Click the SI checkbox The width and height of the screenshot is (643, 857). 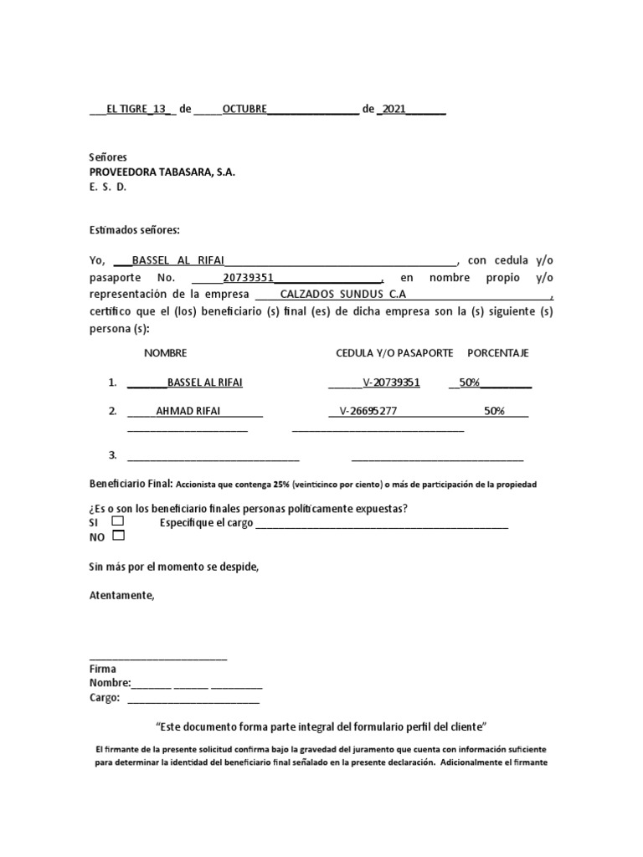[x=117, y=521]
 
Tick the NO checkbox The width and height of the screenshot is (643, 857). [x=118, y=536]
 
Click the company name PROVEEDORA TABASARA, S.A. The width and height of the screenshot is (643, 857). [x=162, y=172]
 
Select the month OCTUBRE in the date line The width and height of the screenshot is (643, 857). [x=244, y=110]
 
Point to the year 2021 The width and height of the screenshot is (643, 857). [x=394, y=110]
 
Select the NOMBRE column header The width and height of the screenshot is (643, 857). [x=165, y=353]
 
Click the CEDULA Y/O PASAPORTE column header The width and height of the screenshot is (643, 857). [x=394, y=353]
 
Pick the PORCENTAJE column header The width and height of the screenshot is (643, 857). [x=497, y=353]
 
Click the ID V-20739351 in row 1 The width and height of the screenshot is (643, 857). [x=391, y=382]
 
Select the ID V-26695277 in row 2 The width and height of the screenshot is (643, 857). [x=368, y=411]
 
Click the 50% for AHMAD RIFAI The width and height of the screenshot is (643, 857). [x=494, y=411]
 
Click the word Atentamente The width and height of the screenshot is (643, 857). [x=121, y=595]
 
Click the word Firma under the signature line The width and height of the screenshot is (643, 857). [x=102, y=669]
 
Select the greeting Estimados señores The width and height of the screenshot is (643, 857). [x=134, y=230]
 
